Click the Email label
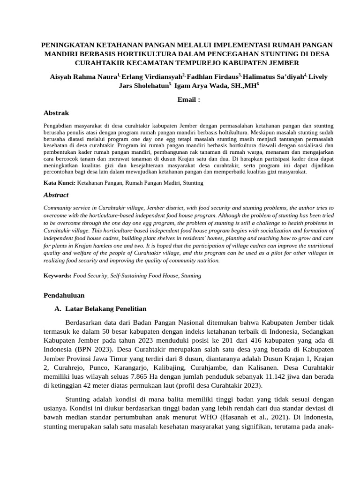coord(189,99)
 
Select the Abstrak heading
coord(56,113)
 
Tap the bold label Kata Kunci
coord(59,182)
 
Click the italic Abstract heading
coord(56,195)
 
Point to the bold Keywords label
coord(58,276)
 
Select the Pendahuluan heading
coord(64,295)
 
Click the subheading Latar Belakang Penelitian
coord(106,308)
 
